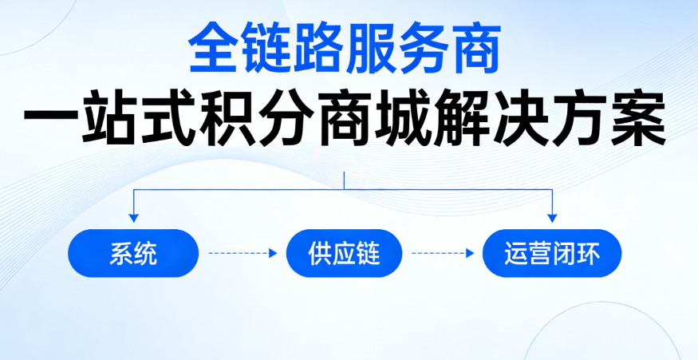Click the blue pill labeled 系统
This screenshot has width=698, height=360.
click(133, 254)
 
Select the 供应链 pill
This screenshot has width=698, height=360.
click(344, 254)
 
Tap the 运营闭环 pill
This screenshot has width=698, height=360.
click(552, 254)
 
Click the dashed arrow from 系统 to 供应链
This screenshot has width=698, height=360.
click(243, 254)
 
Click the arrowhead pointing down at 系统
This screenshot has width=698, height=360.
click(133, 216)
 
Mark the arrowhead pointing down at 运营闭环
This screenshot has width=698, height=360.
click(552, 216)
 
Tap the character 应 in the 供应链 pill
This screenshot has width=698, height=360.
click(344, 254)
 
